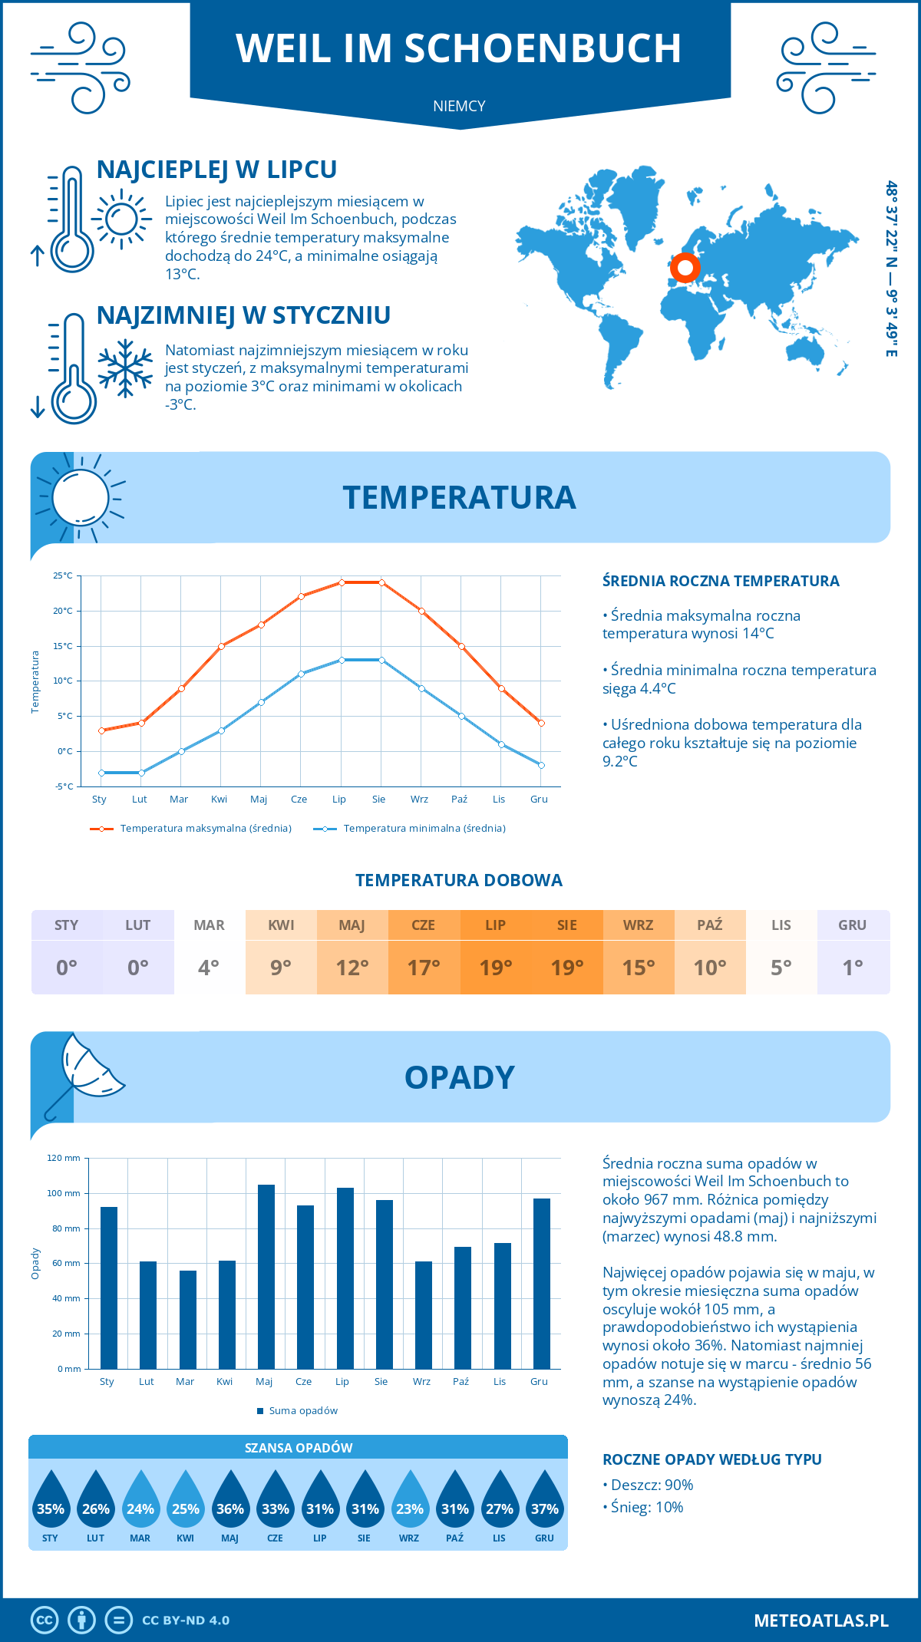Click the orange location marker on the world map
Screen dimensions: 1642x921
point(685,269)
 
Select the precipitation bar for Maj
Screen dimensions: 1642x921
point(266,1277)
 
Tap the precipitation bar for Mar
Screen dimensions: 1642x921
point(187,1320)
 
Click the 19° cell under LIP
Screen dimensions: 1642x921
point(496,967)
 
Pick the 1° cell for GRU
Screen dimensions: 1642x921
point(853,967)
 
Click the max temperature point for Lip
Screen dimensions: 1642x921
point(342,582)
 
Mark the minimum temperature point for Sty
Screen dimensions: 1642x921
point(101,773)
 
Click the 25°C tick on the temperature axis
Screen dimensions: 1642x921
point(63,575)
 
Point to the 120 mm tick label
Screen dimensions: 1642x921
point(64,1158)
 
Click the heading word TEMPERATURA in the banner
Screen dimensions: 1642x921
point(459,497)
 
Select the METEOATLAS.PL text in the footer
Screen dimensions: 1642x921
point(820,1621)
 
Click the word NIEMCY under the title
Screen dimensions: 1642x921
point(459,106)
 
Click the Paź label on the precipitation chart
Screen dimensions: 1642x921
point(460,1381)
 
